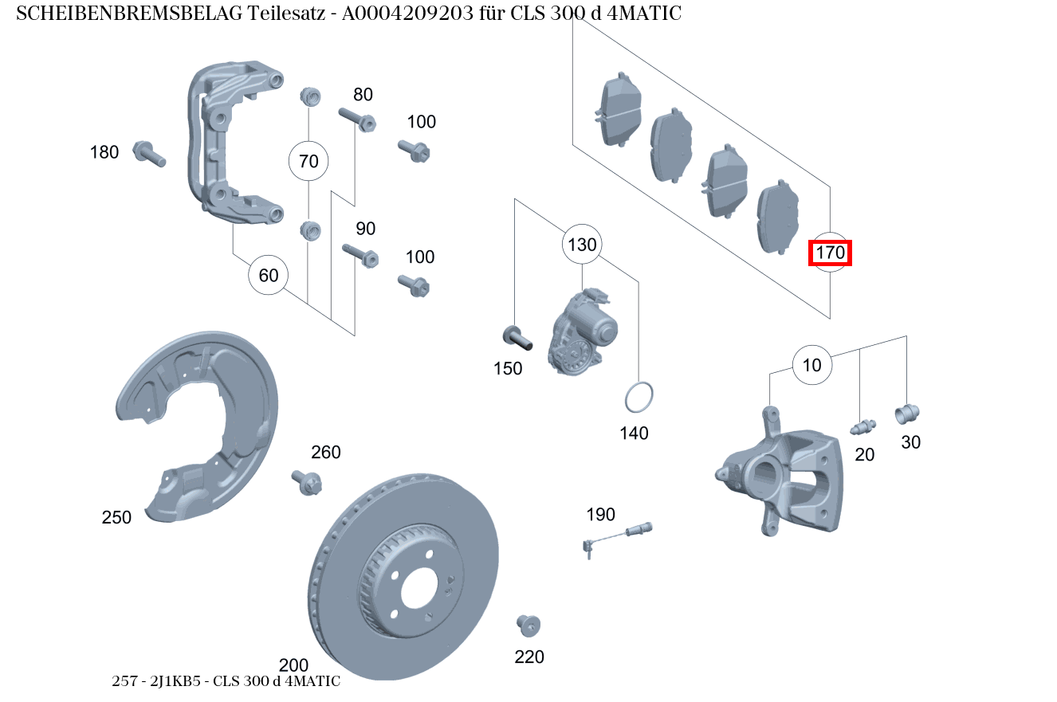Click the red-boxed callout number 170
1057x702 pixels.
[830, 253]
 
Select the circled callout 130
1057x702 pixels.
[582, 245]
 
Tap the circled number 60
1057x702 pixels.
[269, 276]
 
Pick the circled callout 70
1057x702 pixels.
[308, 162]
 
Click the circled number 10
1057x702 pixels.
[811, 366]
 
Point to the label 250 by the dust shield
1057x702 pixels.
[116, 518]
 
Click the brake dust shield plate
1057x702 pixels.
[199, 422]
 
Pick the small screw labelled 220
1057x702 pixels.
[527, 626]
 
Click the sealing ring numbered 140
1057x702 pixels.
[639, 398]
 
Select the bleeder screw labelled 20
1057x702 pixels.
[862, 427]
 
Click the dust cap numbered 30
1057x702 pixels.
[907, 414]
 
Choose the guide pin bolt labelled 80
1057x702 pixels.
[356, 120]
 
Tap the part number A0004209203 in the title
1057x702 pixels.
[412, 14]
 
